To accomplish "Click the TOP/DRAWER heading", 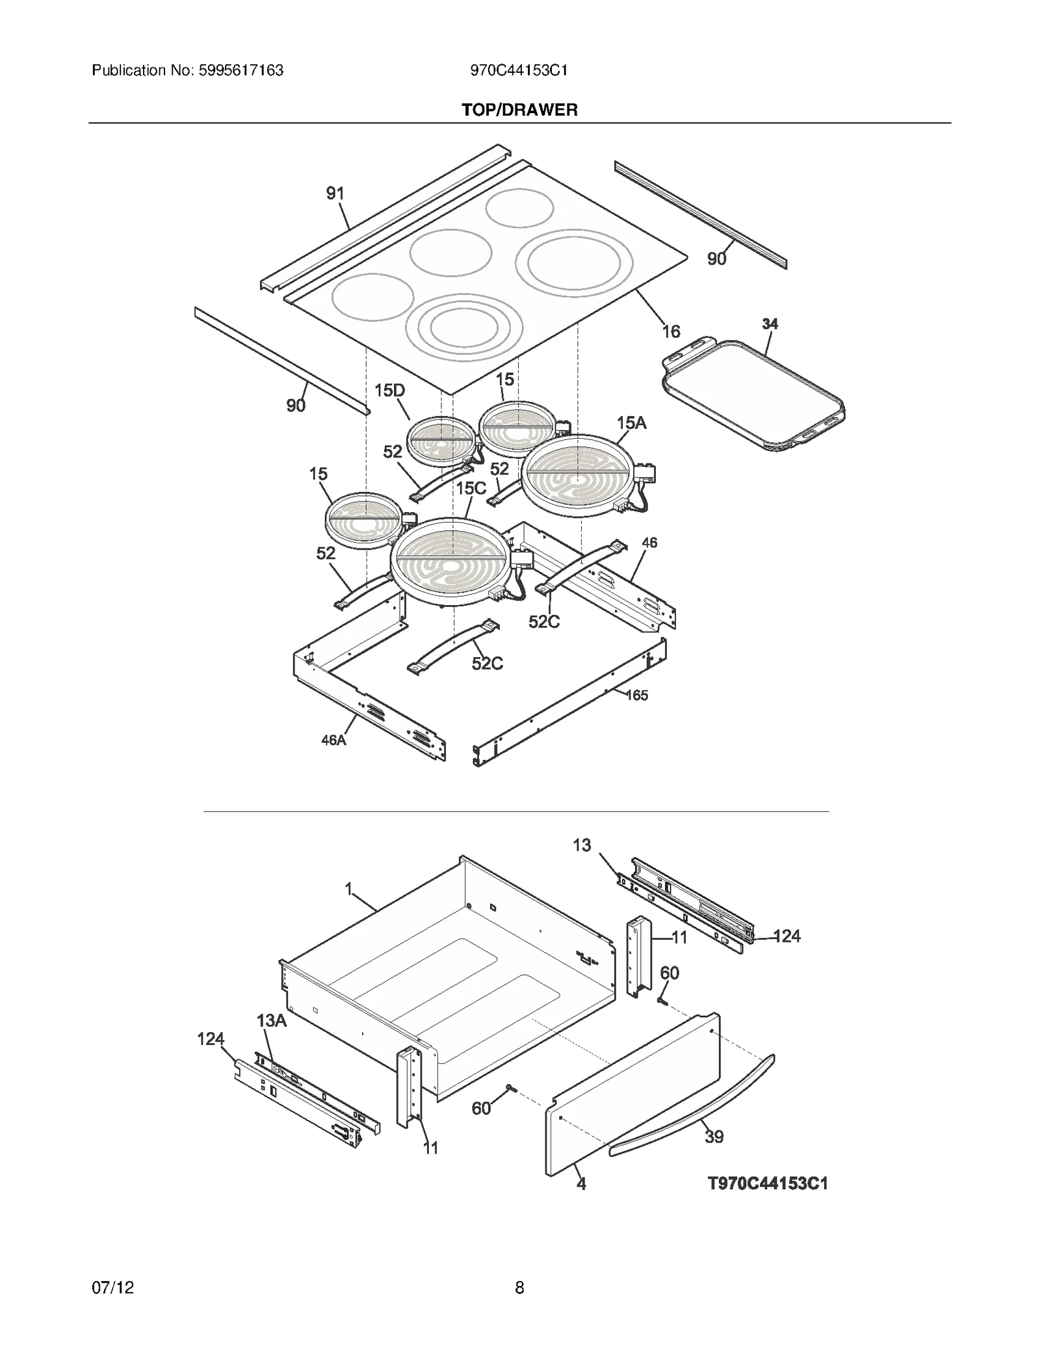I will coord(519,110).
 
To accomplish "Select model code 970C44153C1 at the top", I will coord(519,70).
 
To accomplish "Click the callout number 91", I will coord(335,193).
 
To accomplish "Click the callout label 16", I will coord(671,331).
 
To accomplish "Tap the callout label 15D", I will coord(389,391).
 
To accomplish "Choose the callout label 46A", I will coord(333,740).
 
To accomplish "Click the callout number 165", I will coord(636,695).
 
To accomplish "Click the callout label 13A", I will coord(272,1020).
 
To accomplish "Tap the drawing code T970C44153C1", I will coord(768,1184).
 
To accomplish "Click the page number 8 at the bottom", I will coord(519,1288).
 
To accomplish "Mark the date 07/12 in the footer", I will coord(113,1288).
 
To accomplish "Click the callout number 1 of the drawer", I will coord(348,888).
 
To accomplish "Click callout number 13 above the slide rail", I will coord(582,845).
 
